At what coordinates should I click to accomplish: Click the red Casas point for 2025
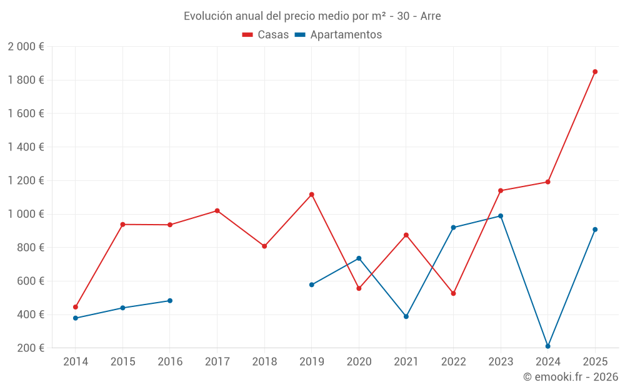pos(595,72)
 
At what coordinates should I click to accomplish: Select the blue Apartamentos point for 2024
pos(547,346)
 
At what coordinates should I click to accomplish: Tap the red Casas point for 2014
pos(76,307)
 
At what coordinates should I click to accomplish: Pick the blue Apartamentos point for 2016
pos(170,301)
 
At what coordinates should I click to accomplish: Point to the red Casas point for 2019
pos(312,195)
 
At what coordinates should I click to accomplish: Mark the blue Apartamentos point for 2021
pos(406,317)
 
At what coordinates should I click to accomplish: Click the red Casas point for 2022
pos(453,294)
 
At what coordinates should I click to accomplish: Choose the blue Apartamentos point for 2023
pos(501,216)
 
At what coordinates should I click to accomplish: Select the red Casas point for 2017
pos(217,211)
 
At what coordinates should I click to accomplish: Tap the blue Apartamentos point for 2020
pos(359,258)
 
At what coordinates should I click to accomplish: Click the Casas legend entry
pos(266,34)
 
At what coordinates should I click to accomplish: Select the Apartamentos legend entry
pos(338,34)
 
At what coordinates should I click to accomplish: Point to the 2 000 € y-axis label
pos(26,47)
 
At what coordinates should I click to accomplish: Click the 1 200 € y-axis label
pos(26,181)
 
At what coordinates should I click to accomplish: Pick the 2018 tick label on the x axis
pos(264,361)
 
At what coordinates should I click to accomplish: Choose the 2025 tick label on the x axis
pos(595,361)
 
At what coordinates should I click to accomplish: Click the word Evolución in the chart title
pos(208,16)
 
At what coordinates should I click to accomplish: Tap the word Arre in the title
pos(431,16)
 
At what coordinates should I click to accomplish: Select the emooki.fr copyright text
pos(571,377)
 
